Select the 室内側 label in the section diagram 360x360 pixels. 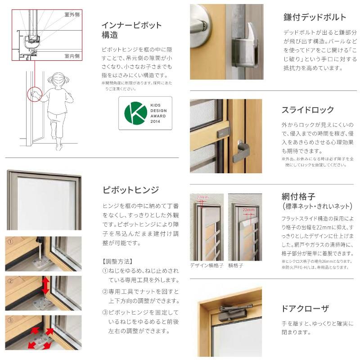(x=72, y=56)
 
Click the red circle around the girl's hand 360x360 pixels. (x=34, y=94)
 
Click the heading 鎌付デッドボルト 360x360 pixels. (x=315, y=18)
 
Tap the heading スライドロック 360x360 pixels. (x=308, y=110)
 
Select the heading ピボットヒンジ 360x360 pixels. (x=130, y=190)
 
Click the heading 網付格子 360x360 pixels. (x=300, y=196)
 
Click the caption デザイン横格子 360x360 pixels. (x=207, y=265)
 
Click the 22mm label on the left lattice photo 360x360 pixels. (x=203, y=197)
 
